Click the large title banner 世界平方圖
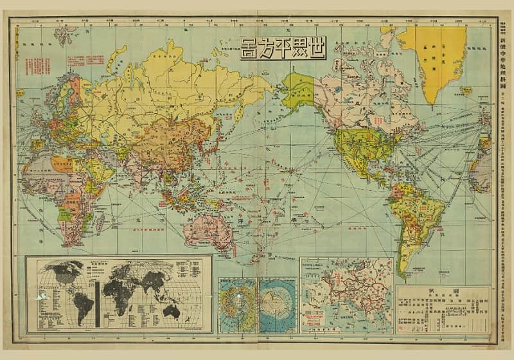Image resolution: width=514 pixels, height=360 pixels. click(x=283, y=48)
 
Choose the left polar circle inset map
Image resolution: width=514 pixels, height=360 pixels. click(x=237, y=305)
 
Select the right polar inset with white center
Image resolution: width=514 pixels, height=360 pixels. click(x=278, y=305)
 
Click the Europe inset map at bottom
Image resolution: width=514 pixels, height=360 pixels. click(x=347, y=294)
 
